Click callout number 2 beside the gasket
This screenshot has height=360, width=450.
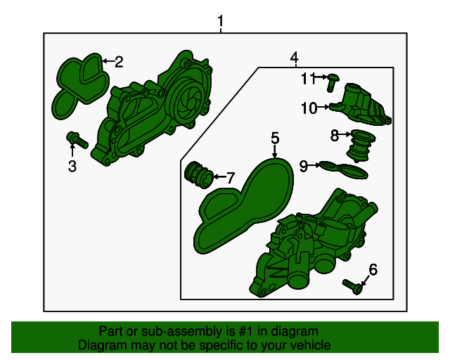pyautogui.click(x=119, y=62)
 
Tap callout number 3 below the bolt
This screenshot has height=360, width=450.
pyautogui.click(x=72, y=166)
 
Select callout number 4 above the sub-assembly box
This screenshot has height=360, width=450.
pyautogui.click(x=294, y=57)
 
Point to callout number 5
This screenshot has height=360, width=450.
pyautogui.click(x=275, y=138)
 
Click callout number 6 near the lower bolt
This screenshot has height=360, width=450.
pyautogui.click(x=373, y=269)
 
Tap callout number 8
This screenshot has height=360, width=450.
pyautogui.click(x=335, y=134)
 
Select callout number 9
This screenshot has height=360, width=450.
pyautogui.click(x=304, y=166)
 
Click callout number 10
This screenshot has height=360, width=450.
pyautogui.click(x=309, y=108)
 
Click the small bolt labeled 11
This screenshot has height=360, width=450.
pyautogui.click(x=332, y=82)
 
